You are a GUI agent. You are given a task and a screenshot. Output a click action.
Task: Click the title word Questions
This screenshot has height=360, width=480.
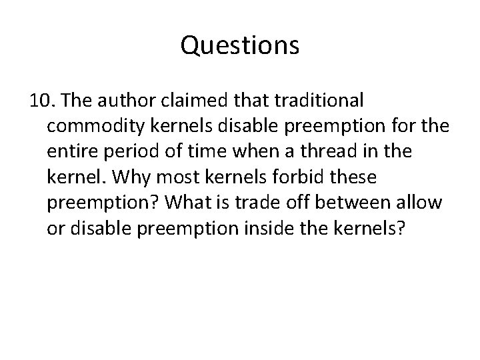[x=240, y=47]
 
